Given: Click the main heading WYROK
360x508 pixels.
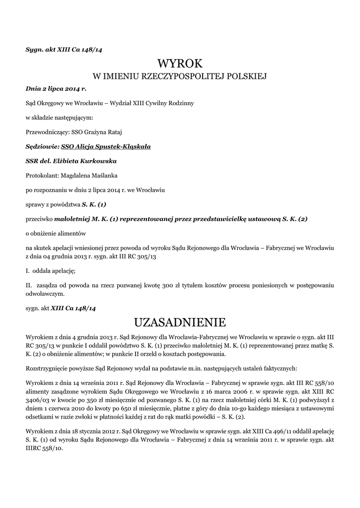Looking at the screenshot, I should point(180,63).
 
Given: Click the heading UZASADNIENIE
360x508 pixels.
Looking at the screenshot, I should point(180,322).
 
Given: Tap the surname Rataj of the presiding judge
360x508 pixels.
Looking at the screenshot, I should point(113,132).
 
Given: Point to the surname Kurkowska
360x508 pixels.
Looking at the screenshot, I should point(96,161).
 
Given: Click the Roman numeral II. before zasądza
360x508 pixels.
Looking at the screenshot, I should point(29,286).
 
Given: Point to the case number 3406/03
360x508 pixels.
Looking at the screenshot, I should point(36,398).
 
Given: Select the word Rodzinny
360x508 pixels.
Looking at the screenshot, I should point(181,104).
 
